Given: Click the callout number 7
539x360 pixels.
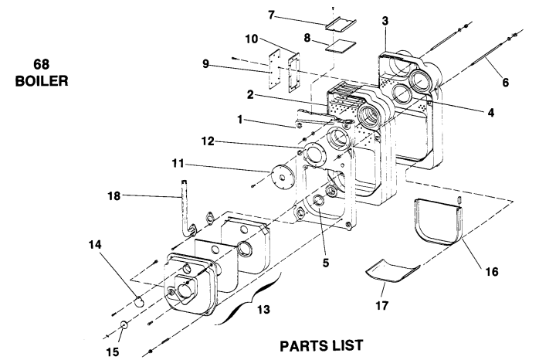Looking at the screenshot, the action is coord(272,15).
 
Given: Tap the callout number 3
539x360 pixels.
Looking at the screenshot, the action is coord(385,21).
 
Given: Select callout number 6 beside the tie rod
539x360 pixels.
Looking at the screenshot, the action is coord(505,82).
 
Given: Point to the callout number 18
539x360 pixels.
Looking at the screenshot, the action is coord(114,196).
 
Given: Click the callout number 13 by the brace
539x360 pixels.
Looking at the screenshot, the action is coord(263,310).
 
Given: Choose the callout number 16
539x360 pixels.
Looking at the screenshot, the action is coord(492,272).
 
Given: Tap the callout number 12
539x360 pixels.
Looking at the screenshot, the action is coord(208,141).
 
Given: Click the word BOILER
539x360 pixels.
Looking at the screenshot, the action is coord(42,81).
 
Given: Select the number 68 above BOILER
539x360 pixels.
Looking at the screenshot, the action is coord(41,64).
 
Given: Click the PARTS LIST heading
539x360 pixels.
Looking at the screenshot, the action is coord(321,345).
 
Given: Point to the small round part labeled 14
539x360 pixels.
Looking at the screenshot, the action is coord(139,301).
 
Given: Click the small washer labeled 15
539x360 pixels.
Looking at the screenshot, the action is coord(124,325).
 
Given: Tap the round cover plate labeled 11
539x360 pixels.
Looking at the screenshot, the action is coord(283,178).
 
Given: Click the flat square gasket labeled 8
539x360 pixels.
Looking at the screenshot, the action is coord(341,47).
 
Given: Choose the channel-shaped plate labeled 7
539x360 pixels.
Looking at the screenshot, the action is coord(341,25).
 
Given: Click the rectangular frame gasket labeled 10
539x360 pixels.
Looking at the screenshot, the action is coord(294,73).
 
